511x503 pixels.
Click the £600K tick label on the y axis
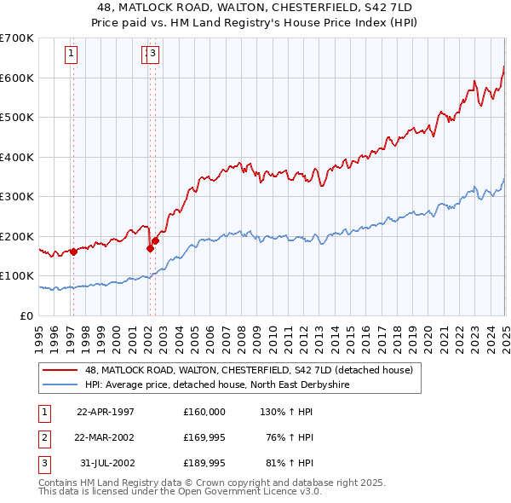click(x=18, y=78)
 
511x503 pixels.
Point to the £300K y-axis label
click(x=18, y=197)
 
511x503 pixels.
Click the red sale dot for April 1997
click(x=74, y=251)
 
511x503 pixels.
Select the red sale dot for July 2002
click(x=156, y=240)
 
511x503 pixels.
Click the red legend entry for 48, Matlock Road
click(x=249, y=370)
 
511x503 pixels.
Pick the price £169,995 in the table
click(x=204, y=437)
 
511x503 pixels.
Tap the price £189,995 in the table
click(x=204, y=464)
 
